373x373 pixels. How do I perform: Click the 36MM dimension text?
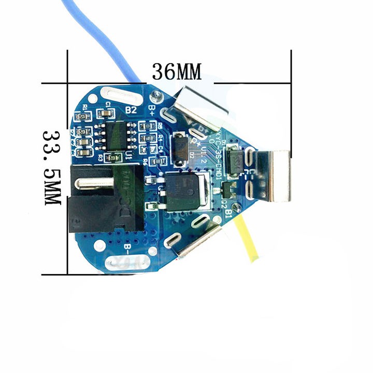pyautogui.click(x=176, y=71)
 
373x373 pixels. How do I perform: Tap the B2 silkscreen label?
pyautogui.click(x=131, y=110)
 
